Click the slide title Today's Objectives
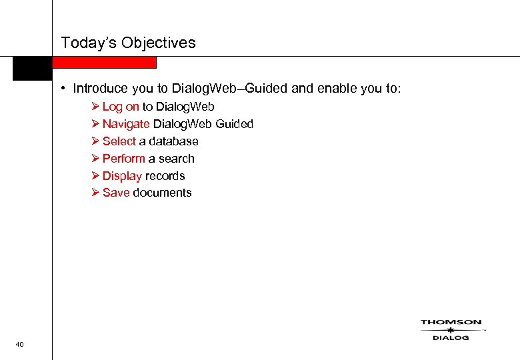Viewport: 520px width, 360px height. point(128,43)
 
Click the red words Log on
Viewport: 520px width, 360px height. point(121,107)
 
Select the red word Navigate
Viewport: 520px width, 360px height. point(126,124)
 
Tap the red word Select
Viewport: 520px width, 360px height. point(119,141)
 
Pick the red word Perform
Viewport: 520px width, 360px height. point(124,159)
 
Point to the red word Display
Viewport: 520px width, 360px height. point(122,176)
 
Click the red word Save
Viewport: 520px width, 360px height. point(116,193)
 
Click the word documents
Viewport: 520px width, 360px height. point(162,193)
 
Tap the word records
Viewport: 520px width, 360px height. point(165,176)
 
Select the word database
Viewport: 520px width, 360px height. point(173,141)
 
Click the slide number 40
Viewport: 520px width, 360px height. point(19,344)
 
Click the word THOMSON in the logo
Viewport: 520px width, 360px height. point(451,323)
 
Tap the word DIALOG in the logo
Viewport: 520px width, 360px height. point(451,338)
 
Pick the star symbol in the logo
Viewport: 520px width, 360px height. point(451,330)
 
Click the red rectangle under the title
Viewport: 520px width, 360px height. point(104,63)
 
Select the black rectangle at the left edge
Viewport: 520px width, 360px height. point(32,68)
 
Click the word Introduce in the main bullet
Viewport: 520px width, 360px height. point(99,88)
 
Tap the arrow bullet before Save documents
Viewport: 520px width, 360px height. point(96,193)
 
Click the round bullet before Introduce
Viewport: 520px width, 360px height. point(61,88)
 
